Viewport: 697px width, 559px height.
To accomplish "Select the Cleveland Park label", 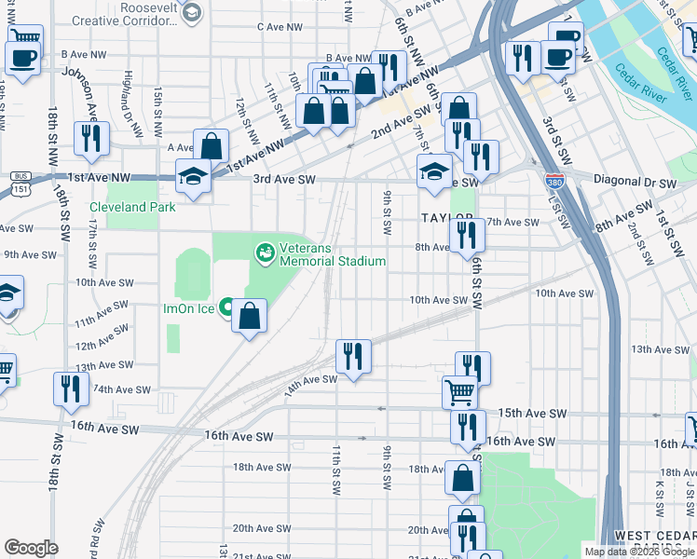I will (x=131, y=207).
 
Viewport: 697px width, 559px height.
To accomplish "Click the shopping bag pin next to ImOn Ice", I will (x=250, y=317).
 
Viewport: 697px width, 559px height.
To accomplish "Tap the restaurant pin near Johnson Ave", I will (x=91, y=139).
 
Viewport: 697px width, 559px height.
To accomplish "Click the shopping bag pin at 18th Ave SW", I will (x=463, y=479).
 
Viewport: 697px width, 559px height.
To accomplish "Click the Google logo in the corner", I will (x=31, y=548).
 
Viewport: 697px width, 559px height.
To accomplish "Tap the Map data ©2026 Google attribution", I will (x=638, y=552).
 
